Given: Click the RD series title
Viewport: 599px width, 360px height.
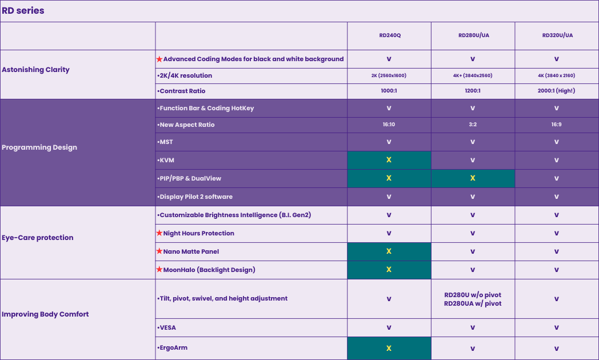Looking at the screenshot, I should (x=23, y=11).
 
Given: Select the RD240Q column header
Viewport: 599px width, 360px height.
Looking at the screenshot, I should (x=389, y=35).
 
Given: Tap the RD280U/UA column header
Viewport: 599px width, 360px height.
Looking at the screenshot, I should (x=473, y=35).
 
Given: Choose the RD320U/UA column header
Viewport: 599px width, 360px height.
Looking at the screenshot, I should (x=557, y=35).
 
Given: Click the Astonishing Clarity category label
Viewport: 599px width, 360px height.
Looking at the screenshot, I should (x=35, y=70).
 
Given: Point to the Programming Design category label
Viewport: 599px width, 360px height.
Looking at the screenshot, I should (x=39, y=147).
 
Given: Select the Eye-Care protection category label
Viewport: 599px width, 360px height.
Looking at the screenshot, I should (x=38, y=238).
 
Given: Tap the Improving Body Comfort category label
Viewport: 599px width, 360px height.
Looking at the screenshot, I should (x=45, y=314).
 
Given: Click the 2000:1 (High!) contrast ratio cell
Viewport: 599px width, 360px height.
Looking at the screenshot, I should (x=557, y=91).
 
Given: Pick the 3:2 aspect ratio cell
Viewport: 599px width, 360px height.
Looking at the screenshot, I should (x=473, y=125).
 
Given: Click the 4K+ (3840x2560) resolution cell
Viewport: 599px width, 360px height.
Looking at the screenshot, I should (x=473, y=75).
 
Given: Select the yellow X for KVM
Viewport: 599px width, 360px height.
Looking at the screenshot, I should (x=389, y=160).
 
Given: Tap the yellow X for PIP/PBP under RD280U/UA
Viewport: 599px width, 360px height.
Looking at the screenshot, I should (x=473, y=178).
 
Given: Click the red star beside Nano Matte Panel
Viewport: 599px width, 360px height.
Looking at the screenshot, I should (x=159, y=251).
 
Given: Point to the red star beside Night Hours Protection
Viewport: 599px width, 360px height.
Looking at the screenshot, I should (x=159, y=233).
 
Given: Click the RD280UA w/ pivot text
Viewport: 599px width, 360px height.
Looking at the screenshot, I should (x=473, y=303).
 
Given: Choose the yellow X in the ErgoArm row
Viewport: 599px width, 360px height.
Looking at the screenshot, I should (x=389, y=348).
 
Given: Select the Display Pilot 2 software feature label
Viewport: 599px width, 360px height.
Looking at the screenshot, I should (x=196, y=197).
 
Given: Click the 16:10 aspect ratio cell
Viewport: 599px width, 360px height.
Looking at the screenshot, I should (x=389, y=125).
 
